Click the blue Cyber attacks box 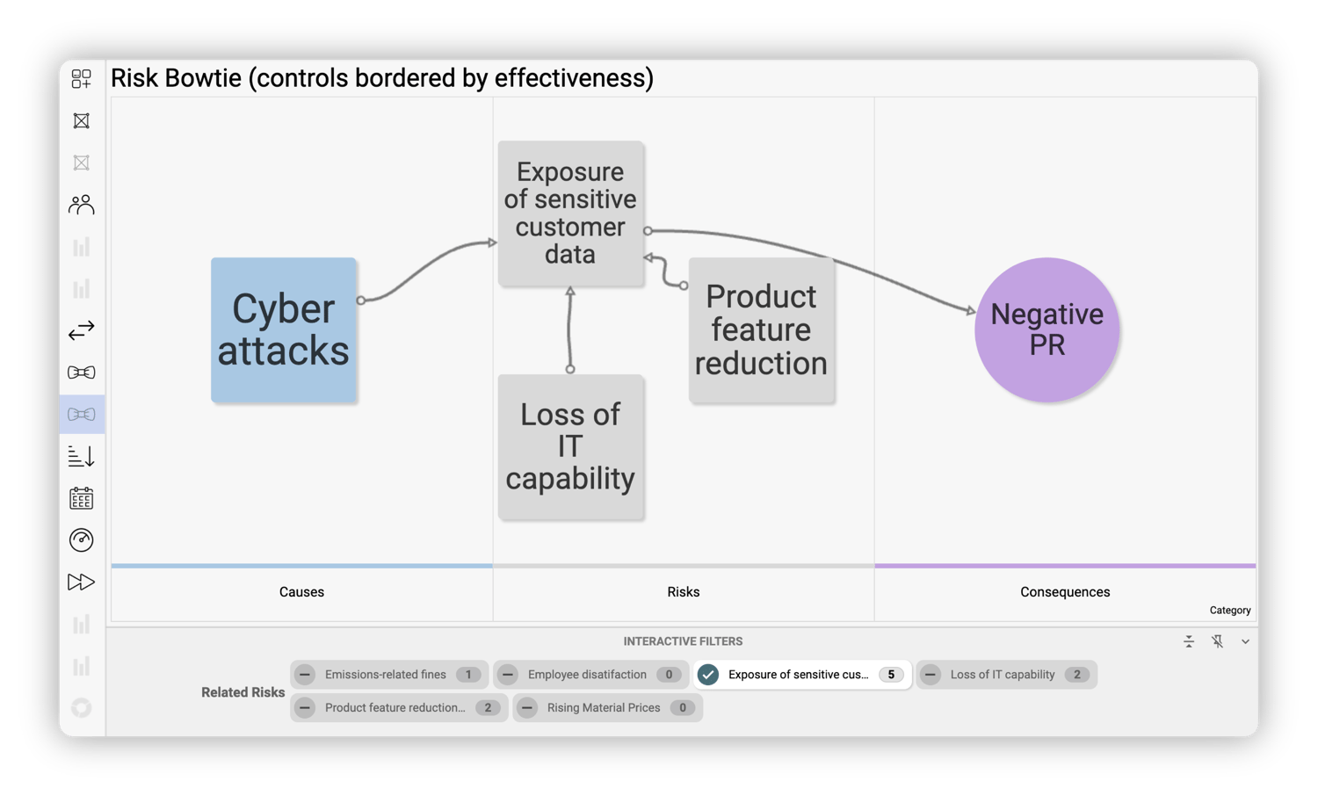tap(283, 330)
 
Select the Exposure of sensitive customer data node tap(570, 213)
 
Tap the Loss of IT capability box tap(570, 446)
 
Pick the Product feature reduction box tap(761, 330)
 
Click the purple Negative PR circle tap(1046, 329)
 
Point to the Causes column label tap(301, 592)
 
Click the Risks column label tap(683, 592)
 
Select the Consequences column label tap(1065, 592)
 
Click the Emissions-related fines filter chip tap(386, 675)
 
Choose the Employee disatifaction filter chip tap(587, 675)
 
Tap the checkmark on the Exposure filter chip tap(708, 675)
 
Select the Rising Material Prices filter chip tap(604, 708)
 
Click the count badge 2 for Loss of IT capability tap(1076, 675)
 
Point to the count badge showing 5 tap(890, 675)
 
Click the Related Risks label tap(243, 692)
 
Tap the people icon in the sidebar tap(82, 205)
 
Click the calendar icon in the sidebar tap(82, 499)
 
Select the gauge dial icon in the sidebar tap(82, 540)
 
